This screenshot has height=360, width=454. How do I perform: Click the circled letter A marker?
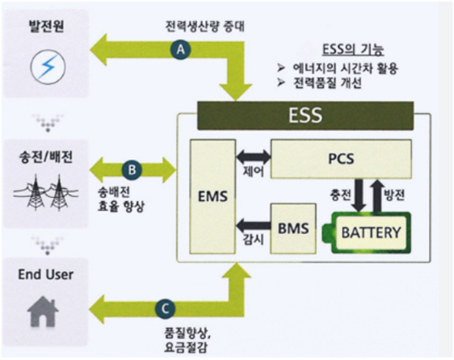[x=181, y=49]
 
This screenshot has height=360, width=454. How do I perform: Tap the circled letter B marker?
[x=132, y=170]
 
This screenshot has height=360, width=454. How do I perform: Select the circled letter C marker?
[x=165, y=308]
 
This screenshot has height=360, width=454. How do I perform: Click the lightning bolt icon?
[x=48, y=66]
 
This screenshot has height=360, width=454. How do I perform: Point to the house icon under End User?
[x=43, y=312]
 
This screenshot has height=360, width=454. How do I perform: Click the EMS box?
[x=212, y=197]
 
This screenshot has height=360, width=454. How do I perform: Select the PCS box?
[x=341, y=158]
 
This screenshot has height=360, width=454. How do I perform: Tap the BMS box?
[x=293, y=228]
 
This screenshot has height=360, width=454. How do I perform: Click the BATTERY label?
[x=371, y=232]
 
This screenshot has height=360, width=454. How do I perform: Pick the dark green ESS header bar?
[x=305, y=115]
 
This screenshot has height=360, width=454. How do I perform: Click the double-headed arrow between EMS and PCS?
[x=254, y=157]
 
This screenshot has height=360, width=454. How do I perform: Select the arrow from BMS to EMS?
[x=254, y=226]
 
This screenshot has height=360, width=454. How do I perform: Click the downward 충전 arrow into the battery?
[x=359, y=195]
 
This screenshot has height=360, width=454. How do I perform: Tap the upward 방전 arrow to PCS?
[x=377, y=195]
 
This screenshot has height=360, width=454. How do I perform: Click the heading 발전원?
[x=46, y=26]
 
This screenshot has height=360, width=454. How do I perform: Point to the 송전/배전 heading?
[x=46, y=157]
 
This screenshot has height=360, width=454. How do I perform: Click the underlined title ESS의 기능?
[x=353, y=49]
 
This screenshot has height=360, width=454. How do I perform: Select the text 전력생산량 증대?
[x=205, y=27]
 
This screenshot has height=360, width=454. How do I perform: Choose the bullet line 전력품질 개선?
[x=327, y=83]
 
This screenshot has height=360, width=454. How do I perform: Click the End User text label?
[x=46, y=274]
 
